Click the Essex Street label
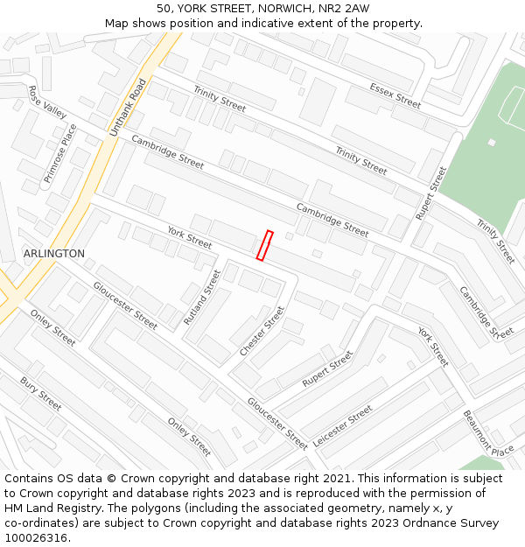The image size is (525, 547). click(x=395, y=95)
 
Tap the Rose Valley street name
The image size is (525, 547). click(x=47, y=102)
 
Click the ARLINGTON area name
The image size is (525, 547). click(x=54, y=254)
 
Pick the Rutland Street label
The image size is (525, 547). click(x=202, y=298)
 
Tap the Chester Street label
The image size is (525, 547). click(x=262, y=331)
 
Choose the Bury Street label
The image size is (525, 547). click(x=41, y=394)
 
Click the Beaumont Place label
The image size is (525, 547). click(x=488, y=433)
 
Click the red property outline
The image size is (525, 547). click(x=264, y=245)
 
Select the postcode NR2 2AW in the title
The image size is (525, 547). click(x=344, y=9)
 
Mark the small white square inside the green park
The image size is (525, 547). click(x=492, y=143)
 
